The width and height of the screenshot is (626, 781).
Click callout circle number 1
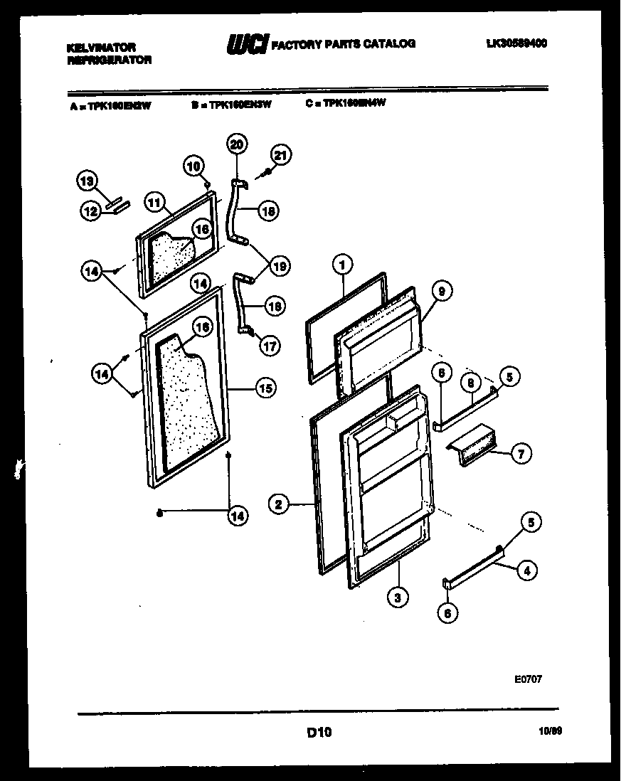[341, 265]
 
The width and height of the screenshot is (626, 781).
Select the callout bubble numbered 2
[279, 505]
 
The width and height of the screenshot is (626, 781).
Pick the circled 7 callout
[521, 453]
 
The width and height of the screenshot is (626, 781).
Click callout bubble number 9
[440, 290]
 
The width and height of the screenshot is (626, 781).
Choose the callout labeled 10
[193, 166]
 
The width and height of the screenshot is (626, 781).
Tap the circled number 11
[154, 202]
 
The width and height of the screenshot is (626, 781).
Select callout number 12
[89, 211]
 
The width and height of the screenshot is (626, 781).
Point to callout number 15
[265, 388]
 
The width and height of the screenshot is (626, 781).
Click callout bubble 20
[237, 144]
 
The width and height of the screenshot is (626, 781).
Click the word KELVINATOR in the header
[100, 47]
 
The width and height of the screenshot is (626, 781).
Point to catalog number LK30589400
[516, 43]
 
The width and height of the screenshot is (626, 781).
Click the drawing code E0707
[529, 679]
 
